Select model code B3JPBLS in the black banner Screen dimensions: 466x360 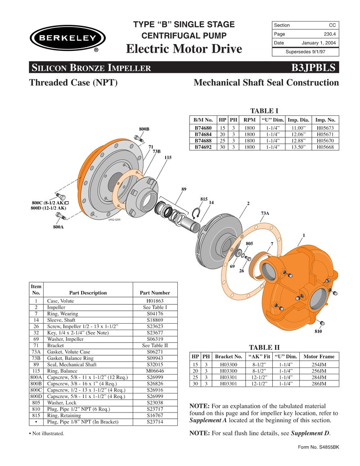click(313, 68)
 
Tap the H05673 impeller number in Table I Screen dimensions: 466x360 click(325, 128)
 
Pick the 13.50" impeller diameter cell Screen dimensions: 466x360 click(298, 147)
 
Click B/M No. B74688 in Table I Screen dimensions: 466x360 click(203, 140)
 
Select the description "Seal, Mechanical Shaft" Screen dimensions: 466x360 click(72, 364)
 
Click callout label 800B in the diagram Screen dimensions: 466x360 click(144, 129)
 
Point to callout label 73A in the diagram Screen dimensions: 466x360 click(265, 213)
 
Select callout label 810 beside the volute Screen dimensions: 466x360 click(319, 331)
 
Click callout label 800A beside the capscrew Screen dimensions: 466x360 click(58, 227)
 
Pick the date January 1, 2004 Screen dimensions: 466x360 click(319, 43)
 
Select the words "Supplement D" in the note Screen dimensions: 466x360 click(310, 433)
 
